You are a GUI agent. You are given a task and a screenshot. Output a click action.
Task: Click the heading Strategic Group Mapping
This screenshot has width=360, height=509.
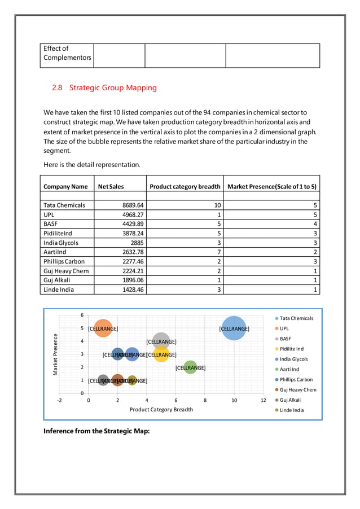(x=104, y=88)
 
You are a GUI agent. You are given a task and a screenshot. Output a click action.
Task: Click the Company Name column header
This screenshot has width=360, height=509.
(x=65, y=186)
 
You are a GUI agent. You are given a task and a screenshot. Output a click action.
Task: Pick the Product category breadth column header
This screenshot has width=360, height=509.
(x=185, y=186)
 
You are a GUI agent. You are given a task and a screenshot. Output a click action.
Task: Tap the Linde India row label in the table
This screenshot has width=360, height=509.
(x=59, y=289)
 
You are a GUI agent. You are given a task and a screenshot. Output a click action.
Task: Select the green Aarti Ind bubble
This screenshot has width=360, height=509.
(x=190, y=367)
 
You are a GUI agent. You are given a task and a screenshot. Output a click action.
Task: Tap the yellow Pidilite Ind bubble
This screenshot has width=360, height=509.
(x=161, y=354)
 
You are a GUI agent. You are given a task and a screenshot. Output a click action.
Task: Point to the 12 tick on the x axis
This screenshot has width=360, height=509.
(x=263, y=400)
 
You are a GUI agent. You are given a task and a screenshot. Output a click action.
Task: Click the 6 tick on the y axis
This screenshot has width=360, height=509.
(x=82, y=315)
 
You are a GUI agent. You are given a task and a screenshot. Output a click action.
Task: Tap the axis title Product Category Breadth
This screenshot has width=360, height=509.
(x=161, y=410)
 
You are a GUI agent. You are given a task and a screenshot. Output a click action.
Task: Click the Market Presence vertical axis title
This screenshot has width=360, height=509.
(x=55, y=354)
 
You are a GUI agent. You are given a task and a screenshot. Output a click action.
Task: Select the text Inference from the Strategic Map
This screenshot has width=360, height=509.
(x=96, y=432)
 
